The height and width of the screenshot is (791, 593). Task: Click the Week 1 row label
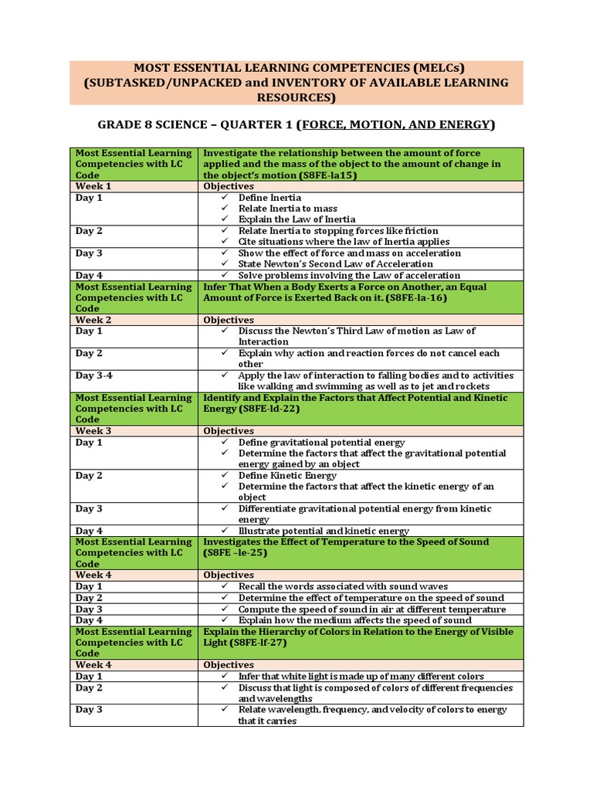click(x=93, y=186)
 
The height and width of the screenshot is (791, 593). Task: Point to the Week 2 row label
click(x=93, y=320)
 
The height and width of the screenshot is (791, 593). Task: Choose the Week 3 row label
click(x=93, y=431)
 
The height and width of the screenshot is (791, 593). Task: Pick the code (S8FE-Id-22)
click(x=271, y=409)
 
